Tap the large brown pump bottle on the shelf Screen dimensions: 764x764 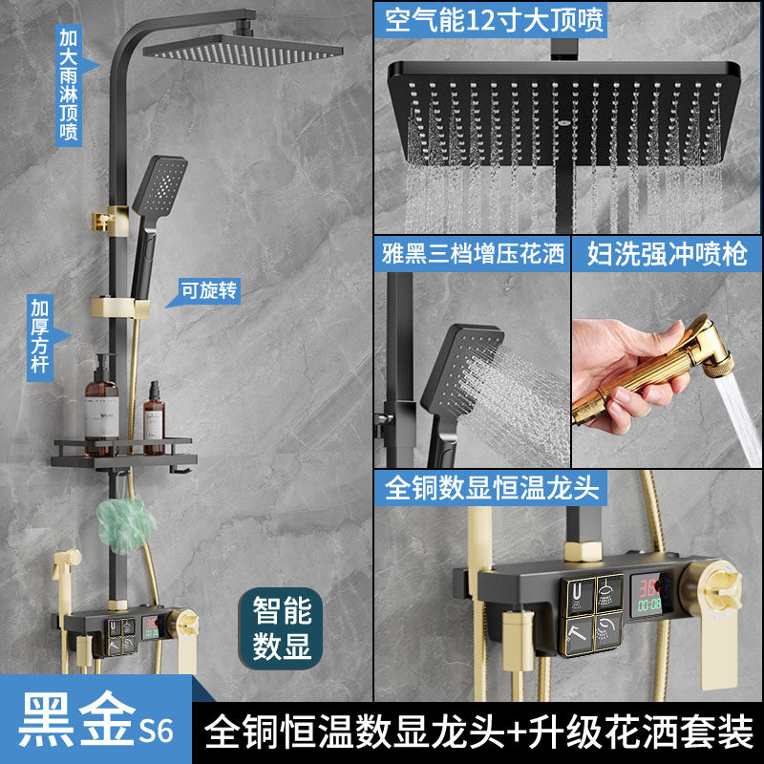(102, 406)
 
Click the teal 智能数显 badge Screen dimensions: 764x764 (281, 628)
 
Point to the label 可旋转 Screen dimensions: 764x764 (209, 291)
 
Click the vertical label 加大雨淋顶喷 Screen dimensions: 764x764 (69, 85)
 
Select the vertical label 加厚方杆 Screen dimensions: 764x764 (40, 338)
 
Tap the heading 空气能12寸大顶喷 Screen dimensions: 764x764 (494, 20)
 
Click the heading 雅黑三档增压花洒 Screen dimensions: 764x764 (473, 254)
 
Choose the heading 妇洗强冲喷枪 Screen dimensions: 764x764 (667, 254)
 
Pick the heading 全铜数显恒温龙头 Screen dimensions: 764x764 (491, 488)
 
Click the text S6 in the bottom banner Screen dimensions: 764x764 (156, 731)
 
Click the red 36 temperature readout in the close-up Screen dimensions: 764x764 (648, 588)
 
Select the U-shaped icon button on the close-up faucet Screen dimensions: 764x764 (578, 594)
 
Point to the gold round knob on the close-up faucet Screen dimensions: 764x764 (712, 589)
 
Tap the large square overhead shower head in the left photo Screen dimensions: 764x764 (243, 51)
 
